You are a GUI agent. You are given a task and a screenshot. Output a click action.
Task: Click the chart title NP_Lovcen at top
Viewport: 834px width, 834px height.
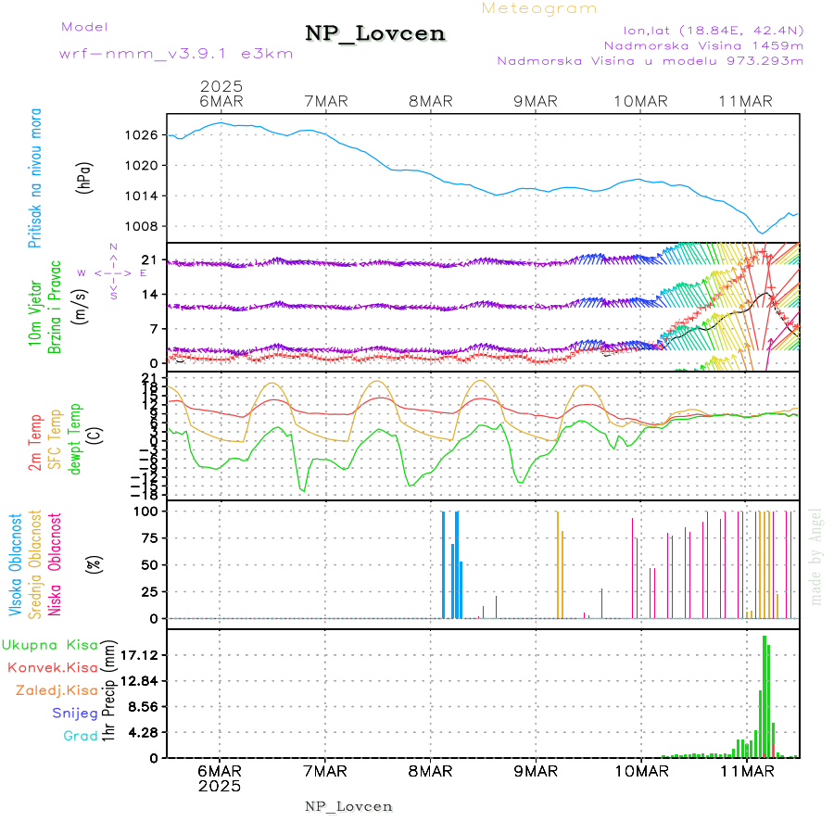[375, 34]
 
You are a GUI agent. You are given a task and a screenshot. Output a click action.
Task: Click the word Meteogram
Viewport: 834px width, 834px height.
[539, 8]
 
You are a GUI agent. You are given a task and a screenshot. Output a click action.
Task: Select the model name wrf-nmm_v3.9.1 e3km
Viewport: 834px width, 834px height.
[175, 54]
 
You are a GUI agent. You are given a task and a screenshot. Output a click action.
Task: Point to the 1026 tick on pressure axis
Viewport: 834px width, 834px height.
[141, 135]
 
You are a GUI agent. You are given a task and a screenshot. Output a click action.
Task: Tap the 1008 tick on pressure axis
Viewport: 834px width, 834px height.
[141, 226]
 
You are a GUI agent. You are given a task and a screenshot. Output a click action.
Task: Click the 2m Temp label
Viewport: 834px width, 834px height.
[35, 444]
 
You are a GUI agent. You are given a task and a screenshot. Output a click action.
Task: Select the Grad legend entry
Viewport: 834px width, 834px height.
[81, 737]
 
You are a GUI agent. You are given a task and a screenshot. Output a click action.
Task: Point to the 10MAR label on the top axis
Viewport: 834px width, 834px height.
[640, 101]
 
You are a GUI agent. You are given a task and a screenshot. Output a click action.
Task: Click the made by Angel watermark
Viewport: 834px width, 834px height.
[816, 556]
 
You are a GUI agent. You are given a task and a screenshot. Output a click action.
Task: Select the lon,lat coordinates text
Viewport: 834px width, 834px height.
[701, 31]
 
